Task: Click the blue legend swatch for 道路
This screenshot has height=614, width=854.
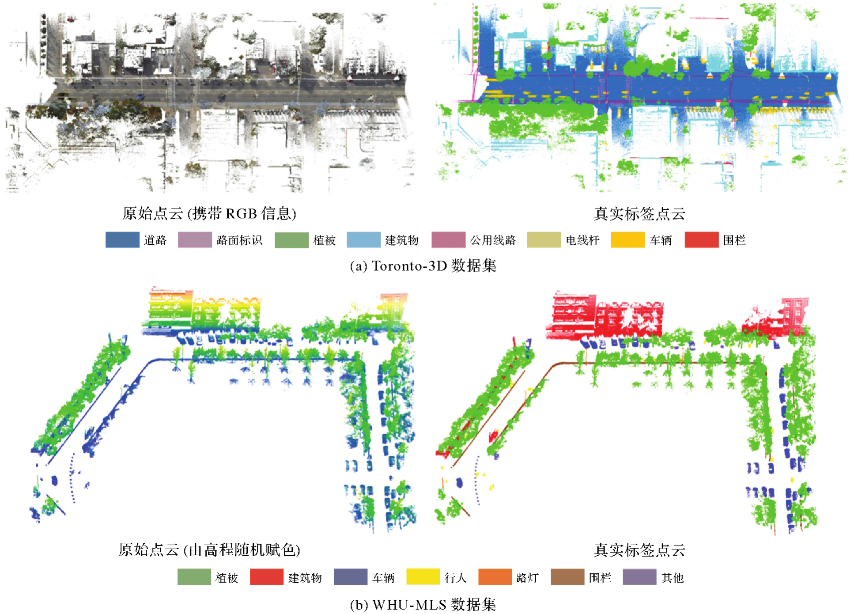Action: point(122,240)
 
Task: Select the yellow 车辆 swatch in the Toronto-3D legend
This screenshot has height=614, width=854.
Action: point(627,240)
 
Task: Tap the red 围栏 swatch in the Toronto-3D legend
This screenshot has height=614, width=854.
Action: point(701,240)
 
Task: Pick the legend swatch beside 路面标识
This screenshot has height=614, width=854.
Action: point(195,240)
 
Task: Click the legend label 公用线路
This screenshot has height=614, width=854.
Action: point(493,240)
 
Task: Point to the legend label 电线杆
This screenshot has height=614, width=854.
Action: point(583,240)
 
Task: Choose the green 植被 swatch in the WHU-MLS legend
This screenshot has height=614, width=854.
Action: point(194,577)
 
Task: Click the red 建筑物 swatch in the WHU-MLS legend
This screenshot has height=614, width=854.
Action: point(267,577)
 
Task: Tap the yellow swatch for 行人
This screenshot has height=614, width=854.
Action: point(423,577)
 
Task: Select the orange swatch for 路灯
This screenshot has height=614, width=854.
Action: point(495,577)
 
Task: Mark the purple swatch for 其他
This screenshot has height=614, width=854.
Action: point(639,577)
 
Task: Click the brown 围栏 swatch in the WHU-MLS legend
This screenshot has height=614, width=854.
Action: point(567,577)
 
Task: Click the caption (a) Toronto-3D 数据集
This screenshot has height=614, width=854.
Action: point(423,266)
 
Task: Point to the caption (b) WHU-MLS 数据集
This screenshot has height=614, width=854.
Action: point(423,604)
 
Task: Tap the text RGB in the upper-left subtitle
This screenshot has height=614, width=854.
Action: point(241,214)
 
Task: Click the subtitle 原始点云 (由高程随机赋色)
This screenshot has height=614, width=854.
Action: point(209,550)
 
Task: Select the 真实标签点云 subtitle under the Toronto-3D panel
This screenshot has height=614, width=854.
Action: point(639,214)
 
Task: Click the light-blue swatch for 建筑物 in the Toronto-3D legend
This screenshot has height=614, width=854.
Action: point(363,240)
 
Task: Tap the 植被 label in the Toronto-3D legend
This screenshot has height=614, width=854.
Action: point(325,240)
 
